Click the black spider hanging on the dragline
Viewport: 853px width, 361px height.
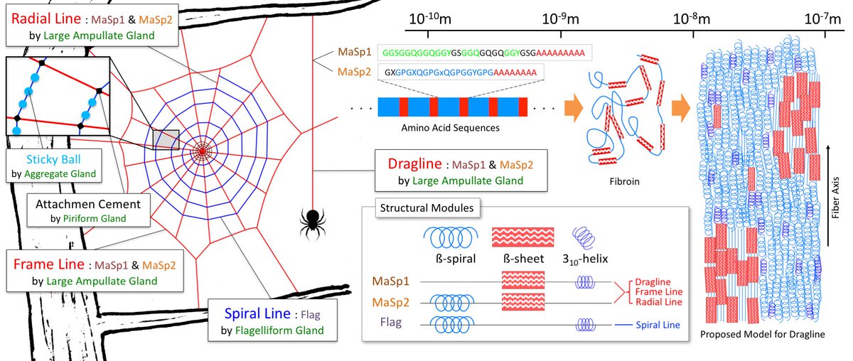coord(312,222)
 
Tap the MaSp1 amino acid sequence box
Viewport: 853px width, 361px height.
coord(484,53)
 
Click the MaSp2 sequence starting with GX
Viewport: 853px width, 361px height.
coord(461,72)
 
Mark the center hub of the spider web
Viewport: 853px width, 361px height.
coord(203,151)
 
